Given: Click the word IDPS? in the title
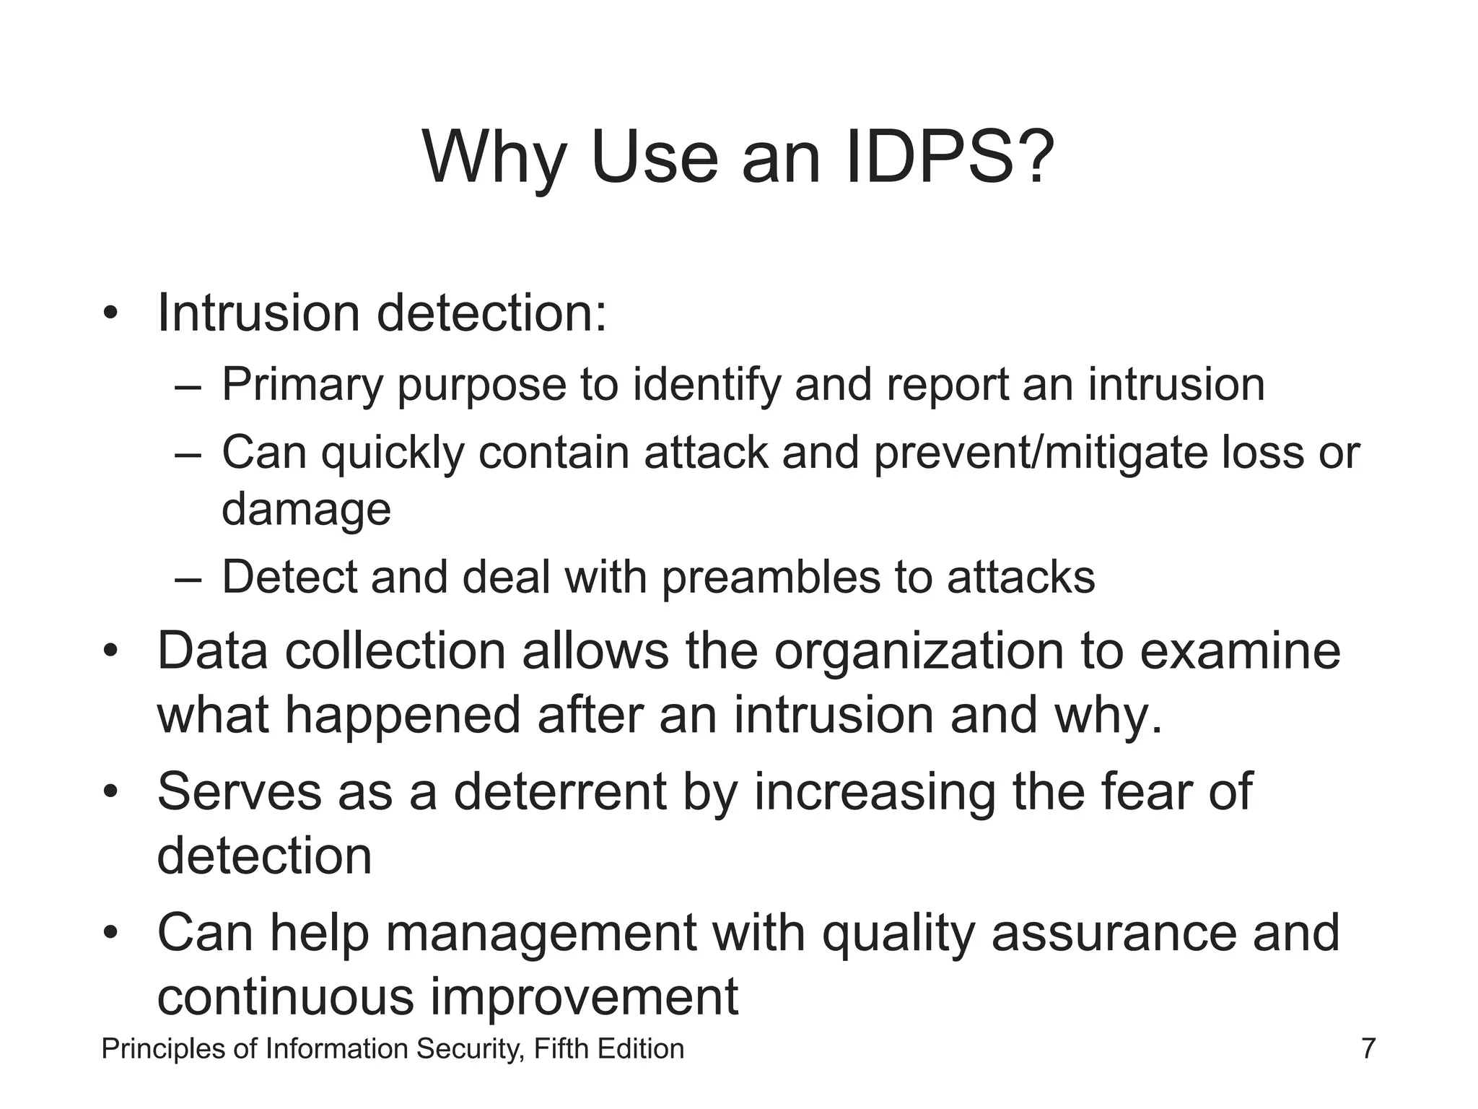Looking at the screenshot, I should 948,157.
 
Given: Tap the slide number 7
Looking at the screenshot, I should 1368,1048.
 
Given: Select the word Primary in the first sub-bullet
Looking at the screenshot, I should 302,386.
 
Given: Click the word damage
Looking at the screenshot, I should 306,510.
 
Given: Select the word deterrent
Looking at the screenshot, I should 559,792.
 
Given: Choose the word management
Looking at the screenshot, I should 541,933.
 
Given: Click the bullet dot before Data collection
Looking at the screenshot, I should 110,651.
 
